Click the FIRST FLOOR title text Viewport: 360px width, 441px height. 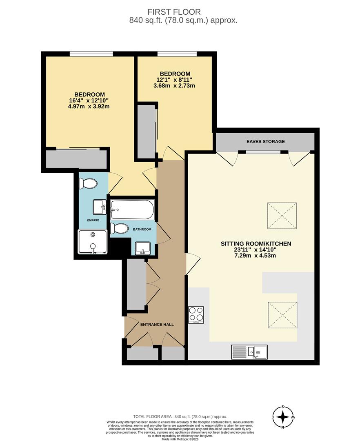(174, 12)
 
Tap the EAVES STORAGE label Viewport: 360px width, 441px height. (266, 141)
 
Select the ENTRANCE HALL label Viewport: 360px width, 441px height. (157, 324)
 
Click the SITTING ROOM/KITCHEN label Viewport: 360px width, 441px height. (256, 243)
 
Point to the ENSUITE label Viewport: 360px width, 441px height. (93, 220)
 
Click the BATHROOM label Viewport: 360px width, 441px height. (142, 229)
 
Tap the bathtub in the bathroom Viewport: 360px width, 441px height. (132, 209)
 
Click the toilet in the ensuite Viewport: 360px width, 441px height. (88, 184)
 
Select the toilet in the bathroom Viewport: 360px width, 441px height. (119, 228)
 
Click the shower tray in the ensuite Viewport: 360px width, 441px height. (93, 242)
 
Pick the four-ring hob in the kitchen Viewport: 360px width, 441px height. (196, 314)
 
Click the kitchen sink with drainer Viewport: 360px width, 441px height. (249, 352)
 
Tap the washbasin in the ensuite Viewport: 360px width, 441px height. (100, 207)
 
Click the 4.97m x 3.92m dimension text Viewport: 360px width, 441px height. (89, 106)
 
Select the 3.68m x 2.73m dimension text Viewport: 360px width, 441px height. (174, 85)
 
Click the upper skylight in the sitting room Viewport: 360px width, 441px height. (282, 216)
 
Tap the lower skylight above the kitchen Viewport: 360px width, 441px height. (282, 315)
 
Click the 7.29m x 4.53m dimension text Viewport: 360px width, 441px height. (255, 256)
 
